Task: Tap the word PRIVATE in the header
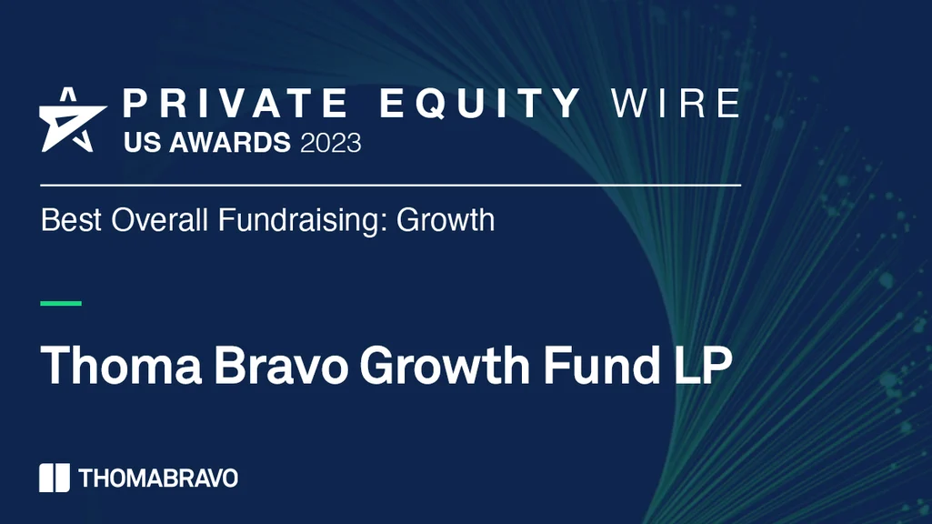point(235,104)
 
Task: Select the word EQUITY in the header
point(480,104)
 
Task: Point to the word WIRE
point(676,104)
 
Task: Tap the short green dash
point(61,303)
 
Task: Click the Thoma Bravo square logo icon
point(55,478)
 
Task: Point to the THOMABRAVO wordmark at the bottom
point(158,479)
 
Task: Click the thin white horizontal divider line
point(391,185)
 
